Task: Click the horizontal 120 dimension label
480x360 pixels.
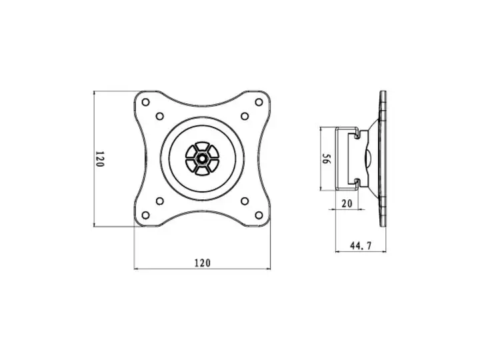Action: point(202,263)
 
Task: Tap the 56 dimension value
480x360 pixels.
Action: point(326,160)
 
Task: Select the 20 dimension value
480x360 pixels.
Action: point(346,205)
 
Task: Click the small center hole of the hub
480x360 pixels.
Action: point(202,159)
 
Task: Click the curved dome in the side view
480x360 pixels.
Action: point(367,159)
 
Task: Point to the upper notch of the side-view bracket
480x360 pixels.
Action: point(358,135)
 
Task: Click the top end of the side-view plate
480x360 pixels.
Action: point(384,94)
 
